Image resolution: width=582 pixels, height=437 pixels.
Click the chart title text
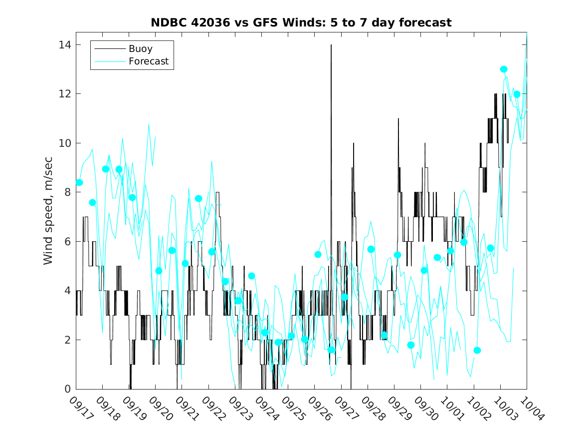[x=301, y=22]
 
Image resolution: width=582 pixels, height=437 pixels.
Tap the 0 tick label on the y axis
[x=68, y=389]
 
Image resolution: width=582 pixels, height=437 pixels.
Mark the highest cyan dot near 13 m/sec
[x=504, y=69]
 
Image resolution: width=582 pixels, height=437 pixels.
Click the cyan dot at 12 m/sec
[x=517, y=94]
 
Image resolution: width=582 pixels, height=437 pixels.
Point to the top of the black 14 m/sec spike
[x=331, y=45]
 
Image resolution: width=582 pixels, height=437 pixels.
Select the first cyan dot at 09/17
[x=79, y=182]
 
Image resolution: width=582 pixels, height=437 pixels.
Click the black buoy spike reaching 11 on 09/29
[x=398, y=119]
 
